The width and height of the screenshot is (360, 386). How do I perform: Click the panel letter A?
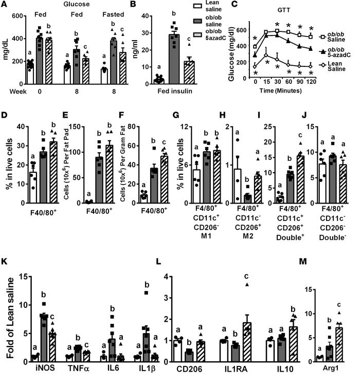(x=4, y=5)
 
